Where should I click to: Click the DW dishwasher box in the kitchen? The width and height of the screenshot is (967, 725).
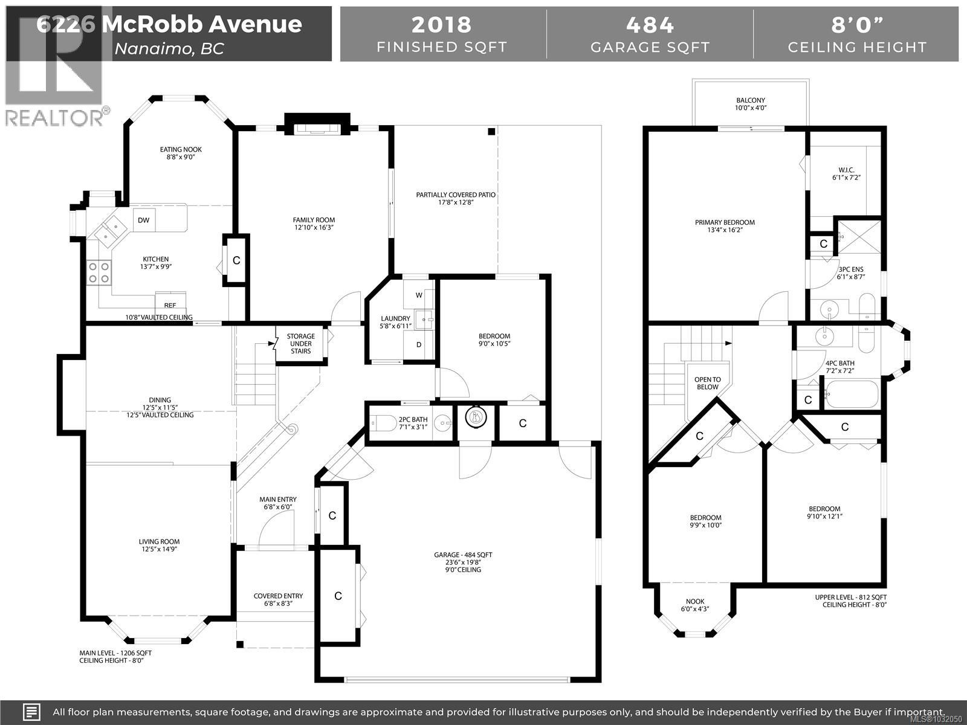coord(144,220)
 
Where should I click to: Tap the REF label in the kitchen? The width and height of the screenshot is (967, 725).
coord(170,305)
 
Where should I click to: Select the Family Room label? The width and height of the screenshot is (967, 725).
coord(314,224)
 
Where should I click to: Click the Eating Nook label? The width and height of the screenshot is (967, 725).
coord(181,153)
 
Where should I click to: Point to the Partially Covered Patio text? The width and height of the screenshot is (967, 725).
coord(456,198)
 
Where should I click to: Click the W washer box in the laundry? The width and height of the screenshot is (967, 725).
coord(419,295)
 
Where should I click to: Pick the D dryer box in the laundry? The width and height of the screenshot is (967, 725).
coord(419,344)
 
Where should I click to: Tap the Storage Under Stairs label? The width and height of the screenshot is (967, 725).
coord(300,344)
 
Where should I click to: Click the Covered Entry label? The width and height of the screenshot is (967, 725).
coord(278,599)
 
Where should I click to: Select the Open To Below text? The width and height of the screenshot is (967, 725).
coord(707,383)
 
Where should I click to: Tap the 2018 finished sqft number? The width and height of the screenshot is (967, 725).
coord(441,25)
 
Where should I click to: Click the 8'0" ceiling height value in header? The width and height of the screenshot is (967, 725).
coord(856,25)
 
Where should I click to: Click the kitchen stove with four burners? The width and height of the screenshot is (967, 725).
coord(99,272)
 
